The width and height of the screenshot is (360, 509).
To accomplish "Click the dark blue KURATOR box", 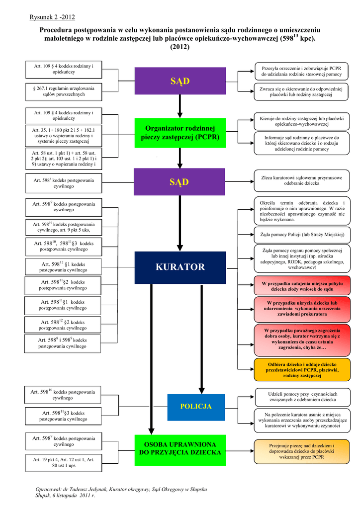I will point(180,267).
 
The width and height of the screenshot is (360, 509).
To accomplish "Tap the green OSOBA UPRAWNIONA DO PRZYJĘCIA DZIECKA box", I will point(180,448).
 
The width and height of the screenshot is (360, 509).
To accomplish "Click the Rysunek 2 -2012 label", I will point(52,18).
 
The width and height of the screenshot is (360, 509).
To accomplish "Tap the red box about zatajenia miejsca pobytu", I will point(302,286).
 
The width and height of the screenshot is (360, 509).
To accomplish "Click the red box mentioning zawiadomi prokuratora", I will point(302,309).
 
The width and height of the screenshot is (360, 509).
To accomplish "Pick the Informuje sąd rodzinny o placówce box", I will point(301,143).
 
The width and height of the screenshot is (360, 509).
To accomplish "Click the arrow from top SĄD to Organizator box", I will point(180,105).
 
